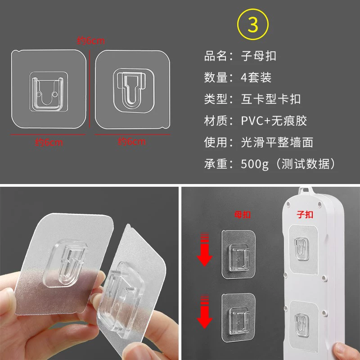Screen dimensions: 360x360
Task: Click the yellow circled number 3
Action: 253,24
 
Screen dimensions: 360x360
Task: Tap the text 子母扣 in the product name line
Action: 258,56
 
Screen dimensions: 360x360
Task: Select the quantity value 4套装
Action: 256,77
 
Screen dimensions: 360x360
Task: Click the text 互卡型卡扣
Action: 271,99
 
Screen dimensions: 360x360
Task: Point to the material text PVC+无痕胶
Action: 274,121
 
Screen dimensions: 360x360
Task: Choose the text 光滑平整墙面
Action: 277,142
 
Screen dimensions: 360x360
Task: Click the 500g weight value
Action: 255,164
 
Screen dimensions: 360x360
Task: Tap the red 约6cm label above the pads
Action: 91,40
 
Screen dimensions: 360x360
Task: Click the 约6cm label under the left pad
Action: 49,142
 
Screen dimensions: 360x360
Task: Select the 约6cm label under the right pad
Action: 132,141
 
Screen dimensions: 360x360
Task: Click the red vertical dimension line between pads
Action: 90,89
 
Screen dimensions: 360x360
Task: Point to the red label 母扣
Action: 243,215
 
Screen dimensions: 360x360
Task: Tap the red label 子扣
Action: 305,215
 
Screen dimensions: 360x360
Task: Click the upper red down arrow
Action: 205,250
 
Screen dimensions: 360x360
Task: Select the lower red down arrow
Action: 205,311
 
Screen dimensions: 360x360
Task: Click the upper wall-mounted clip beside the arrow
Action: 239,254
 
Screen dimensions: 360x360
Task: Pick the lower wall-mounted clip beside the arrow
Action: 239,318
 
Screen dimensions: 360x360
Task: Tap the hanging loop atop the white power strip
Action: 306,190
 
